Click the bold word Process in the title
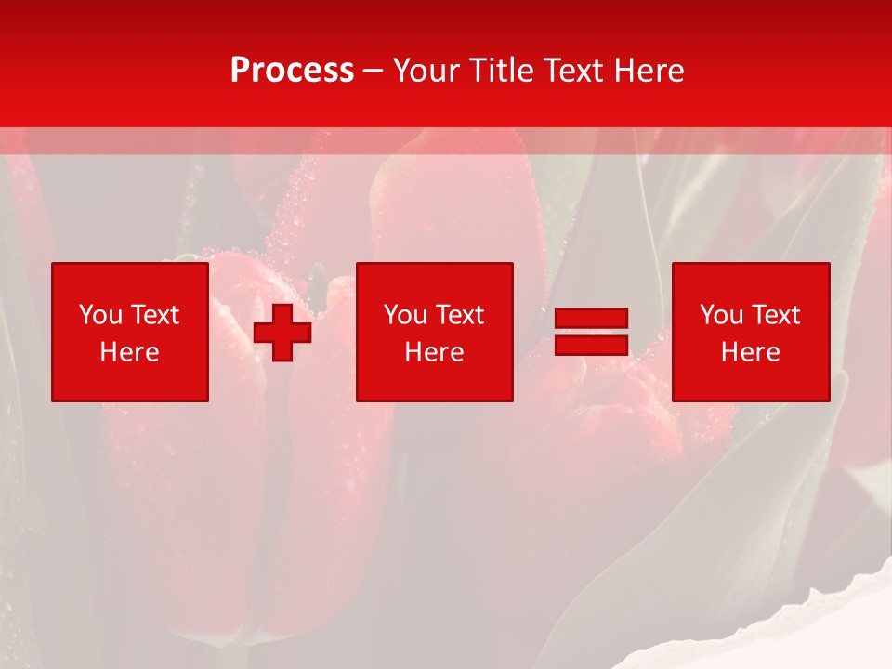coord(292,71)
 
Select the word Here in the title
coord(649,71)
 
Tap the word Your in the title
coord(427,71)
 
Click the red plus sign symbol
coord(282,333)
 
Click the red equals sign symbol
coord(591,332)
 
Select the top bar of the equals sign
coord(591,319)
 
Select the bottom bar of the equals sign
coord(591,345)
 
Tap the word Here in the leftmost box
coord(129,352)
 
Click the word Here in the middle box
coord(434,352)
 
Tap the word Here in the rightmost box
coord(750,352)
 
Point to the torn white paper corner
coord(818,632)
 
